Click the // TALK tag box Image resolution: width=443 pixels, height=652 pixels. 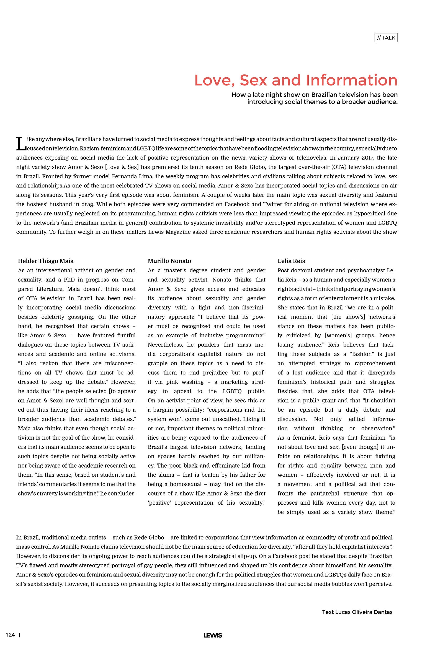coord(386,38)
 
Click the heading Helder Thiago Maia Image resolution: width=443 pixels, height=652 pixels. coord(46,261)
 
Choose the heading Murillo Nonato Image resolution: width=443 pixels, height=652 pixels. coord(169,261)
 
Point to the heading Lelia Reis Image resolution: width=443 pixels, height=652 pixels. coord(291,261)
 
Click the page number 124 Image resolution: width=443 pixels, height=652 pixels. coord(10,635)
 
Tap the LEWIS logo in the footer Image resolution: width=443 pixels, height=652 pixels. coord(213,635)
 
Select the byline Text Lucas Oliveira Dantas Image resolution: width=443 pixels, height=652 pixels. coord(357,612)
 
